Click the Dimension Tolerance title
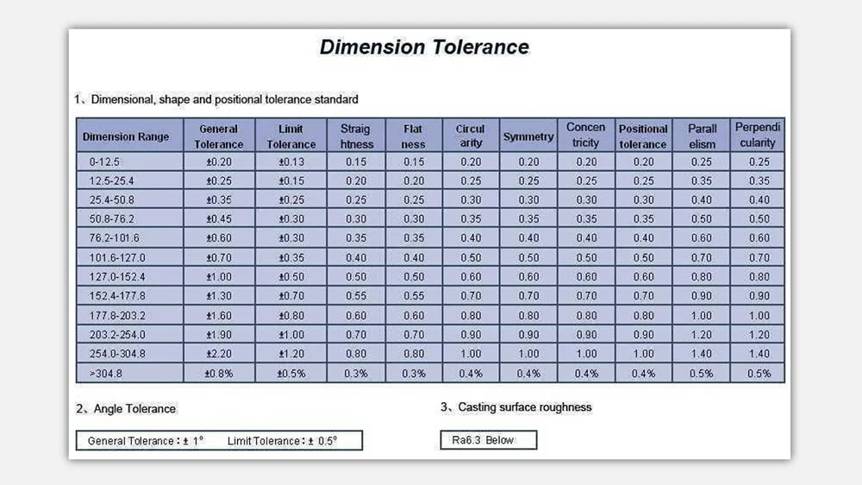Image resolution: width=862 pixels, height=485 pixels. pos(424,47)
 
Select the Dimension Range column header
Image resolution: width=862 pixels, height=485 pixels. pos(126,136)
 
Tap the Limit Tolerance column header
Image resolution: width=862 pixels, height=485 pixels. pos(291,136)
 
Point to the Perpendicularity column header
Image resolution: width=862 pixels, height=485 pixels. pos(758,135)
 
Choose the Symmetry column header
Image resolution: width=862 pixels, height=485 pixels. pos(528,136)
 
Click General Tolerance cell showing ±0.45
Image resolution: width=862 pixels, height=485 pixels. pos(218,219)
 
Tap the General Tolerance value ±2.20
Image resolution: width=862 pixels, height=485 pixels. pos(218,353)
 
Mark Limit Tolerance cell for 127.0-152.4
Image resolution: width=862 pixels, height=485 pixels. pos(291,277)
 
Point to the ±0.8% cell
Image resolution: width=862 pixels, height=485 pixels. pos(218,374)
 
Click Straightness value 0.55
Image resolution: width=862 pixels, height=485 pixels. pos(356,296)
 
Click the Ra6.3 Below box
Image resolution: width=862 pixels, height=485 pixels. pos(488,440)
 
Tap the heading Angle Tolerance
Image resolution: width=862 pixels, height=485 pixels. pos(131,409)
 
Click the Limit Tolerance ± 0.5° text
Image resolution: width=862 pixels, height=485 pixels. pos(283,441)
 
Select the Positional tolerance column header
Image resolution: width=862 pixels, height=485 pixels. pos(643,136)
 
